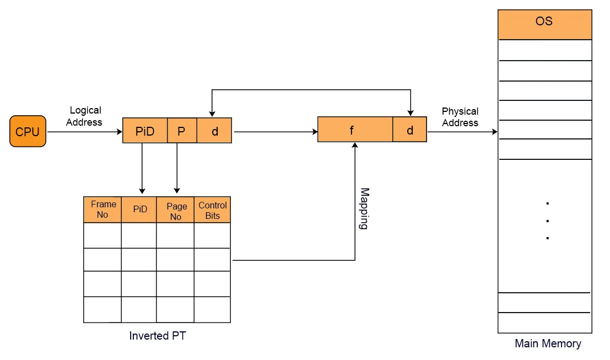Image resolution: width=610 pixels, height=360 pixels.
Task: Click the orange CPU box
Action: pos(28,132)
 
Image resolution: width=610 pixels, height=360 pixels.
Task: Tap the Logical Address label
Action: pos(84,116)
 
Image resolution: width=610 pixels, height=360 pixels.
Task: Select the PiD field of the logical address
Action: pos(144,131)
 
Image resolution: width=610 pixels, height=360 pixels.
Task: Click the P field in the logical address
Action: pos(181,131)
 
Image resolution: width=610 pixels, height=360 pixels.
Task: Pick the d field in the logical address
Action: pos(214,131)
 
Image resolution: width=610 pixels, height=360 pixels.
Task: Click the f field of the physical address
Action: pos(355,130)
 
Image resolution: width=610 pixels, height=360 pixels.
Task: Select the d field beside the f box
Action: pos(409,130)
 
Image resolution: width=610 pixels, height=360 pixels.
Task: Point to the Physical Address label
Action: pos(460,117)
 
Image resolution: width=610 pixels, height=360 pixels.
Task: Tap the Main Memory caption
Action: pos(548,344)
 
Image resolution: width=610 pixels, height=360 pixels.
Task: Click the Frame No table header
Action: pos(102,209)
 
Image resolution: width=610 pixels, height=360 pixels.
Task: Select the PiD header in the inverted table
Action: pos(140,209)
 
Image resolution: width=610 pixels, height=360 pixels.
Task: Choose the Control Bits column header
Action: pos(213,211)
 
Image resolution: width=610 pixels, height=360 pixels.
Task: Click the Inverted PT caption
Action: pos(158,336)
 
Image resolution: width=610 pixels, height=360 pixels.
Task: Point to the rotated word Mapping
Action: pos(364,209)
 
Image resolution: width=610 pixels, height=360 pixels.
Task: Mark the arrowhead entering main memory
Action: pos(494,132)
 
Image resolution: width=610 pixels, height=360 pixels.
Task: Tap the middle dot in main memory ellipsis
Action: pos(547,221)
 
